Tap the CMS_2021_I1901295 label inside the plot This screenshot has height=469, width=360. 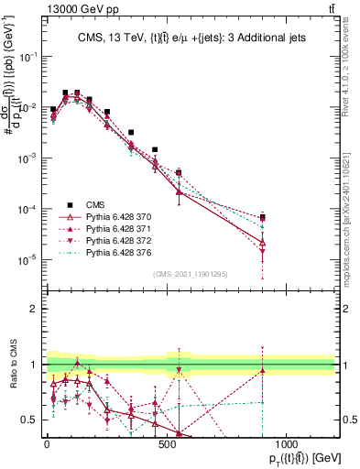191,273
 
